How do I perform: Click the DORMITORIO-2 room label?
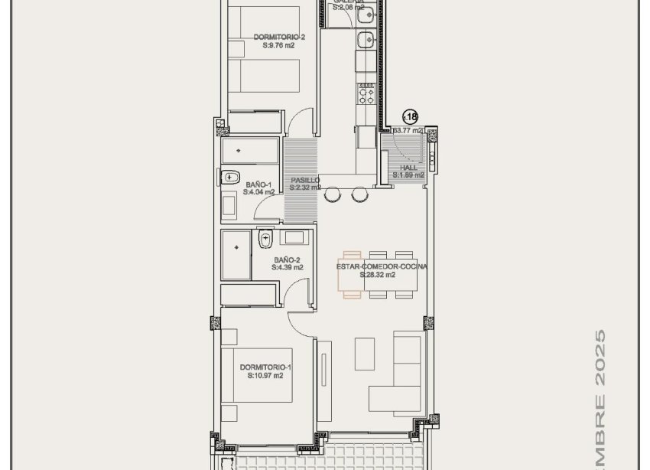278,37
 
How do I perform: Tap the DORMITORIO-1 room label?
265,367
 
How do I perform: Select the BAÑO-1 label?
258,184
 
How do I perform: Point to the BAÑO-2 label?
288,259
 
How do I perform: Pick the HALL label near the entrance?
408,168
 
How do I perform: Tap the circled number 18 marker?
410,117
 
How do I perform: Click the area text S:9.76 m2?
278,45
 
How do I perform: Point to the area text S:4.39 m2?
288,268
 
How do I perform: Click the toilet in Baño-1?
230,178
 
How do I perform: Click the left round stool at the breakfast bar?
332,195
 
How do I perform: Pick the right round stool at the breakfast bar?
359,195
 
